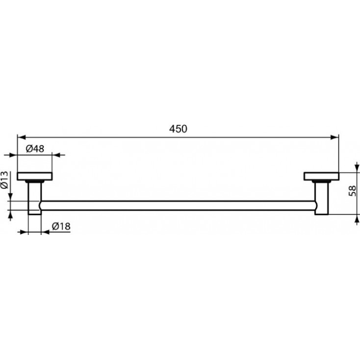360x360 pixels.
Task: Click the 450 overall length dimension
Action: [x=179, y=129]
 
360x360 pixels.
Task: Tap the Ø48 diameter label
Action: [x=35, y=148]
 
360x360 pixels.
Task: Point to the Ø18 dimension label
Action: [x=61, y=226]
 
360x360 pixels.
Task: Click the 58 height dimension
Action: [x=352, y=191]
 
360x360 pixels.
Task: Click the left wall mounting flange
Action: [x=35, y=176]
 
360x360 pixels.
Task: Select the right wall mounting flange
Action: [x=321, y=176]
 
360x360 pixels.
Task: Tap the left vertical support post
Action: [x=35, y=198]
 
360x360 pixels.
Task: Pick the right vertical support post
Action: [x=322, y=198]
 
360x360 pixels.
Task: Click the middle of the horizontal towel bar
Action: [x=179, y=206]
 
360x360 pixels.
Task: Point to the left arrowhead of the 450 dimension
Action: [x=21, y=137]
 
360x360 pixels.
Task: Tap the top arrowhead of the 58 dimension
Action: [x=356, y=175]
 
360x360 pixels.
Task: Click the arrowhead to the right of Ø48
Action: [x=56, y=155]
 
